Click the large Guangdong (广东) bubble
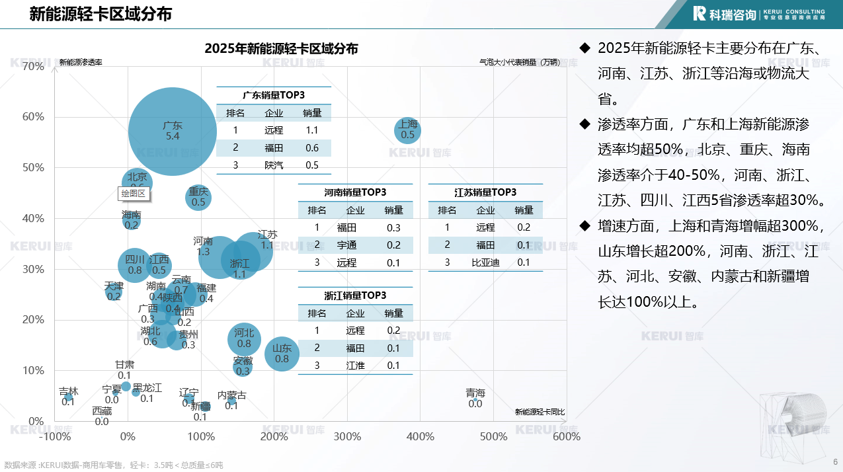tap(173, 131)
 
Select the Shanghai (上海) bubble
tap(408, 130)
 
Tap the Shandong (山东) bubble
tap(282, 354)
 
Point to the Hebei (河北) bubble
tap(244, 338)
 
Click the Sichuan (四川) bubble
tap(135, 265)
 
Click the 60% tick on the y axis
tap(33, 117)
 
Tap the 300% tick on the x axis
tap(347, 436)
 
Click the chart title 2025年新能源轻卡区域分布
tap(282, 48)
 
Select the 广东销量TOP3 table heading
tap(273, 95)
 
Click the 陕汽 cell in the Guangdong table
tap(273, 165)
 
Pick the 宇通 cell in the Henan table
tap(355, 245)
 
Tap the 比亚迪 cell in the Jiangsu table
tap(485, 262)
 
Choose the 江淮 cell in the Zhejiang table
tap(355, 366)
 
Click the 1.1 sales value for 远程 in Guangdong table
tap(312, 130)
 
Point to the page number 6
tap(835, 461)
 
